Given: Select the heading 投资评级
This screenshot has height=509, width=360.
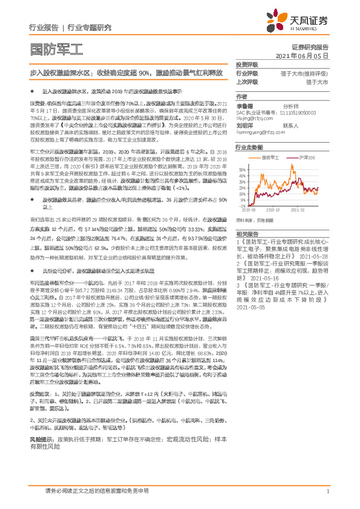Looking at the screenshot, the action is coord(247,64).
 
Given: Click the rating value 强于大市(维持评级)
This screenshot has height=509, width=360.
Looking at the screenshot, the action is coord(305,73).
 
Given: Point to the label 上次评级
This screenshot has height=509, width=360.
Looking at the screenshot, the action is coord(247,82).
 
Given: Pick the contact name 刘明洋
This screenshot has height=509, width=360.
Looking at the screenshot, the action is coord(245,126).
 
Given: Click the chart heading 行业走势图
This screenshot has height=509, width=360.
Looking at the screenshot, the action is coord(249,147).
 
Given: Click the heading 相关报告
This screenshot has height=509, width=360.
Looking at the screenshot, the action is coord(247,233).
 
